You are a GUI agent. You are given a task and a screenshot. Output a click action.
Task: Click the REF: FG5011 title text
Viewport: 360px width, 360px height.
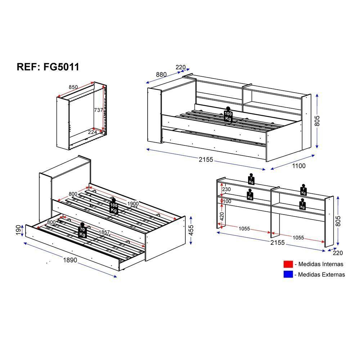click(x=48, y=67)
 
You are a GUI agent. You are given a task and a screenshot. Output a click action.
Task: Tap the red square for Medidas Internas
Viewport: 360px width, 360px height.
click(x=288, y=264)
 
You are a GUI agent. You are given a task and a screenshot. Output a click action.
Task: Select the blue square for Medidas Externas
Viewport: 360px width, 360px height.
click(x=288, y=274)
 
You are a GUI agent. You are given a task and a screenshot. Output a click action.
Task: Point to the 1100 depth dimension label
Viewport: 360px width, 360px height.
click(x=299, y=166)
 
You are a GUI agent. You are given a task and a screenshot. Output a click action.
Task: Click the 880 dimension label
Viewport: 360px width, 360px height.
click(x=161, y=75)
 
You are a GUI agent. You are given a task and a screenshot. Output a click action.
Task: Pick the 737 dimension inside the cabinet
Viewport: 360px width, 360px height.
click(x=99, y=110)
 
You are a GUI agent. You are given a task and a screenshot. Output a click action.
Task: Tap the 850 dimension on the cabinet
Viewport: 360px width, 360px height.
click(x=73, y=87)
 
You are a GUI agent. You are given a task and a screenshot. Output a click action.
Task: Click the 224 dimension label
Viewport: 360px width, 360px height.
click(x=92, y=132)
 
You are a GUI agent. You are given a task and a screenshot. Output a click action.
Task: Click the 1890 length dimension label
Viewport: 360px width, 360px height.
click(x=70, y=260)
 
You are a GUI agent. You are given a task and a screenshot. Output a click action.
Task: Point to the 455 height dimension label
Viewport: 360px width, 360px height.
click(x=191, y=230)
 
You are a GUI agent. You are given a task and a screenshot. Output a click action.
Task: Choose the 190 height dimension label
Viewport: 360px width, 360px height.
click(x=18, y=230)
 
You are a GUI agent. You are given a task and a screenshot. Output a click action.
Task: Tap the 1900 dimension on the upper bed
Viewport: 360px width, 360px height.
click(x=133, y=204)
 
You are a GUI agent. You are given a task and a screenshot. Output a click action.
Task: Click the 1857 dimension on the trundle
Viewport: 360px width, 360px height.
click(x=104, y=232)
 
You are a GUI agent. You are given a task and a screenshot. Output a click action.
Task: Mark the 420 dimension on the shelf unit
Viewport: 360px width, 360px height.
click(x=222, y=216)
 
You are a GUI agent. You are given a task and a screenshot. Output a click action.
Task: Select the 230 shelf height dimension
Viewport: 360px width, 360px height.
click(x=226, y=189)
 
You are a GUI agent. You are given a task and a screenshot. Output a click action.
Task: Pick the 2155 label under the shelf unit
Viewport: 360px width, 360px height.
click(x=277, y=242)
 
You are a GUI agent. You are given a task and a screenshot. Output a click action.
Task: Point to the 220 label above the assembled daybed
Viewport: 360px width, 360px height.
click(x=180, y=67)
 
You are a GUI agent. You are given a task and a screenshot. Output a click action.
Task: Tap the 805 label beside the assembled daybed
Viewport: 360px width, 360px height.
click(x=317, y=121)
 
